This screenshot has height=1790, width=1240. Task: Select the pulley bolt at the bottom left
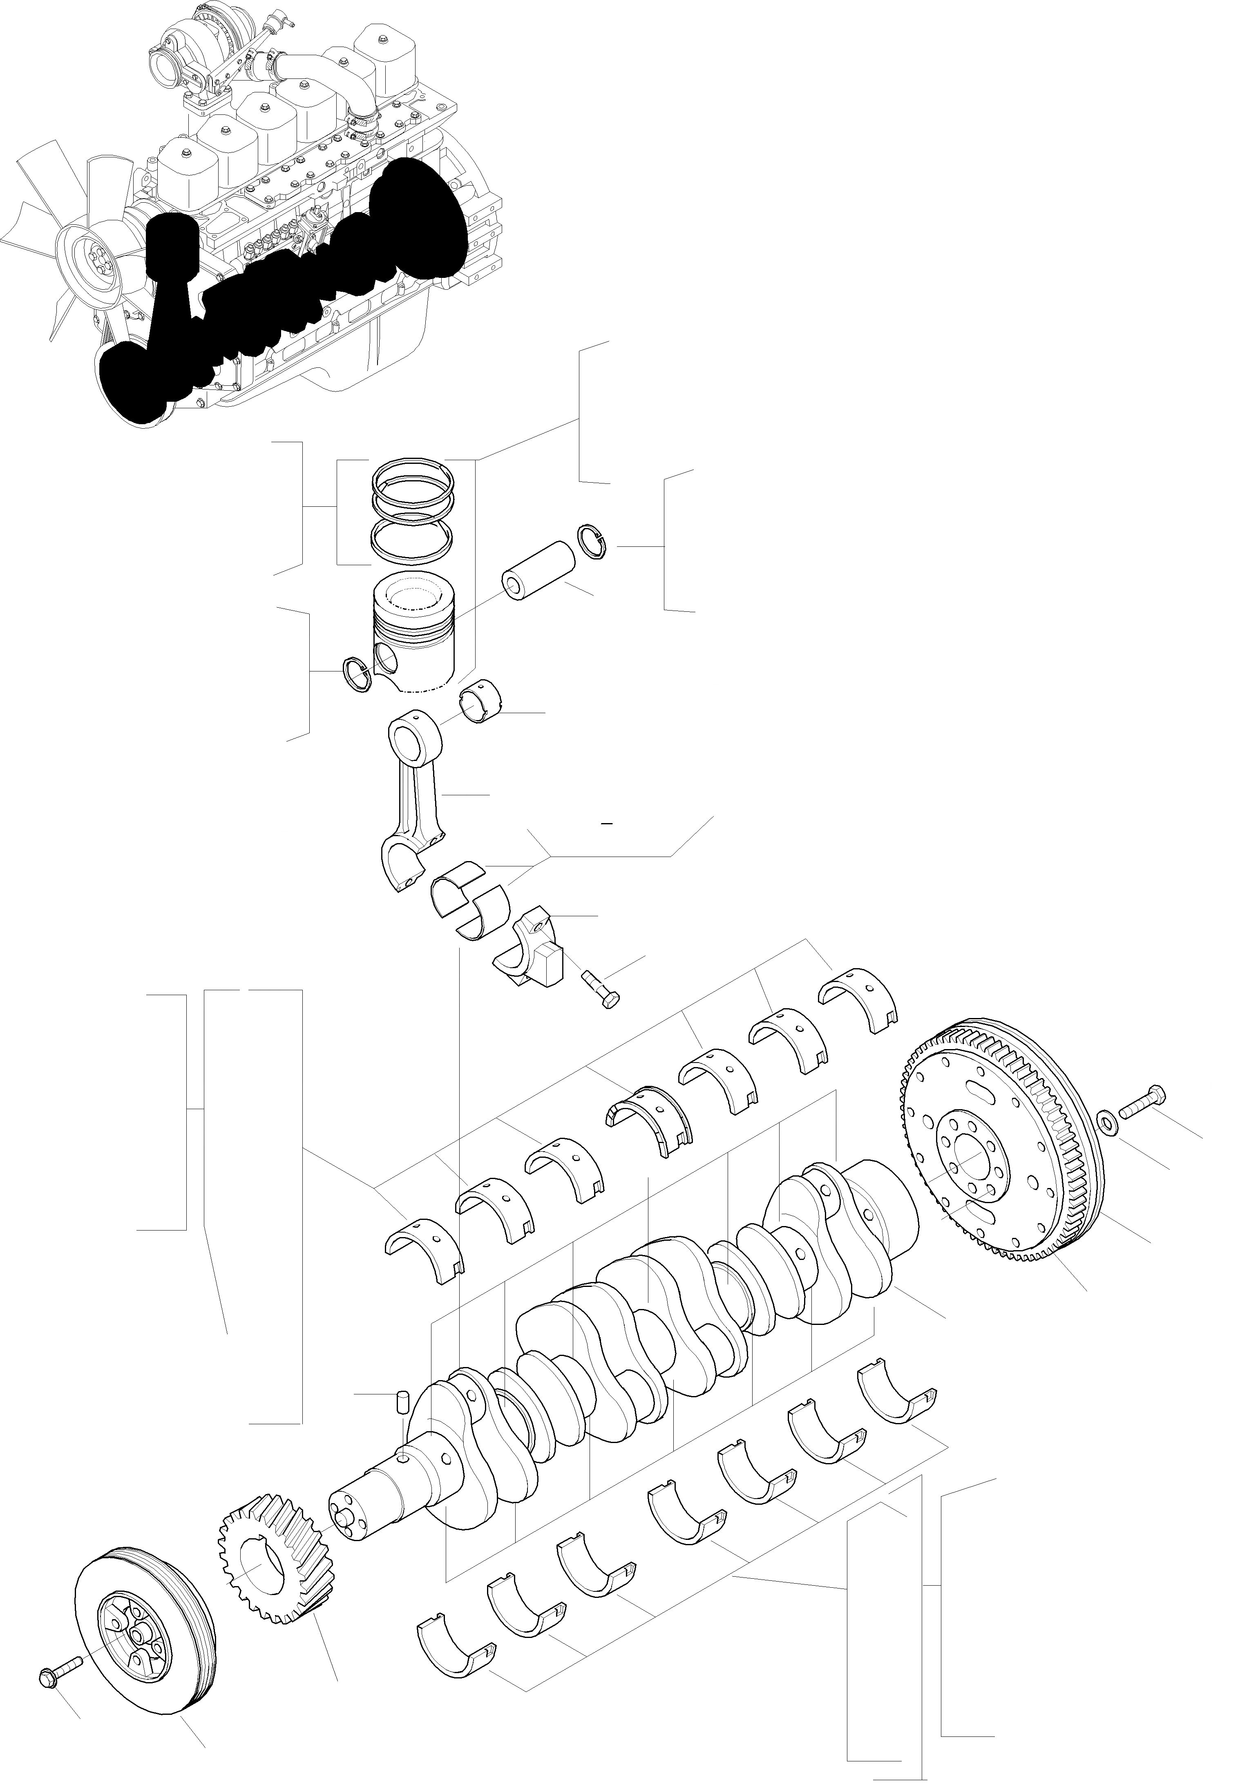(58, 1669)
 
